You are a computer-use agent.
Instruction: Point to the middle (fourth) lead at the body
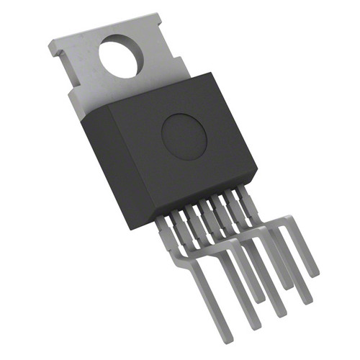click(x=204, y=210)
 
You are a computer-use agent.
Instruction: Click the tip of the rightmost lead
click(x=313, y=272)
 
